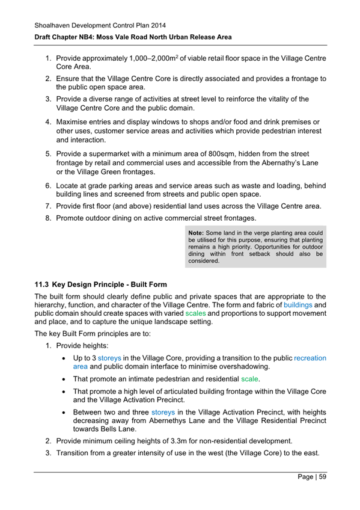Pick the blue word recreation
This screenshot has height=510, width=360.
click(310, 358)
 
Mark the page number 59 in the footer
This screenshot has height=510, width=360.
click(322, 478)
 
